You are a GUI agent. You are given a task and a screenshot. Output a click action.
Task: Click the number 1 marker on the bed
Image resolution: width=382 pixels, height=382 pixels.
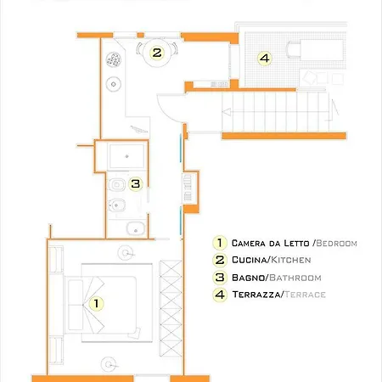point(96,303)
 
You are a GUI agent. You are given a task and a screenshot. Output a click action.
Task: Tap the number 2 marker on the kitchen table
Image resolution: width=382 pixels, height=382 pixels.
point(157,53)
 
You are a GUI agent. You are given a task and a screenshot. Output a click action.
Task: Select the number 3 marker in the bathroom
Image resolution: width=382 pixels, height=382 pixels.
point(136,183)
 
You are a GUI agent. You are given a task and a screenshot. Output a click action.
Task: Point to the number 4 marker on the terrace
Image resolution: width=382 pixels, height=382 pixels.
point(264,59)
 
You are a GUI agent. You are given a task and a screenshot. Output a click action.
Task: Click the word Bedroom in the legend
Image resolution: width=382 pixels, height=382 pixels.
point(336,244)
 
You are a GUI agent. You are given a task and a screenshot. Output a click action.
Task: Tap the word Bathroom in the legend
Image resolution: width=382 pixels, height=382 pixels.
point(295,278)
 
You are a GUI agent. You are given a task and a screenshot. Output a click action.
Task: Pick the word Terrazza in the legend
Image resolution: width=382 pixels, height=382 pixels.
point(256,295)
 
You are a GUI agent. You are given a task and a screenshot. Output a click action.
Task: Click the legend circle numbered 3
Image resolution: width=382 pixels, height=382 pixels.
point(220,278)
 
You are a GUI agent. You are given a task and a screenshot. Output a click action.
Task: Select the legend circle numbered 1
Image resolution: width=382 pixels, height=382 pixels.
point(220,243)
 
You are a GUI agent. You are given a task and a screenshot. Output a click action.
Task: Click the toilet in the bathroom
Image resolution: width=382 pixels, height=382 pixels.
point(116,185)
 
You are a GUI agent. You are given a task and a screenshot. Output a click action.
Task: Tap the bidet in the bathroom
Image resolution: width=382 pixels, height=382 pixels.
point(116,205)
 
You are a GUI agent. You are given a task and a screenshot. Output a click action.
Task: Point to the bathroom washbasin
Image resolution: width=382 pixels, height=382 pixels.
point(136,228)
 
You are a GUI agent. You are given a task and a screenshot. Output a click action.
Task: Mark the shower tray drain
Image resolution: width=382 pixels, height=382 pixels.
point(127,156)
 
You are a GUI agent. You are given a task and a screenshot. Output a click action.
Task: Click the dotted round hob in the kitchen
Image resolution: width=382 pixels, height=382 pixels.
point(114,59)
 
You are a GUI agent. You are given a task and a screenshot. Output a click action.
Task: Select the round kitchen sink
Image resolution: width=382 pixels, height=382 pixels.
point(114,84)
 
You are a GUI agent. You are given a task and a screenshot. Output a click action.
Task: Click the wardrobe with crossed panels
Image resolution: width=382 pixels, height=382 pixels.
point(171,308)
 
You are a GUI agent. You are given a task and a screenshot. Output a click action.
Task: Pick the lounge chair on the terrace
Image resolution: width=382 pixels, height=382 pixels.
point(315,50)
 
